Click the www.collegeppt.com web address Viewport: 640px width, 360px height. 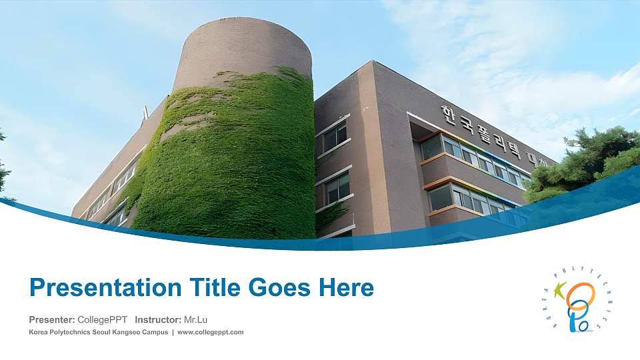(211, 332)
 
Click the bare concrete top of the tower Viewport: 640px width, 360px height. (243, 47)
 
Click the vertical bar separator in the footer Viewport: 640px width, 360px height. (173, 332)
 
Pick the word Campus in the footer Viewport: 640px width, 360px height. (155, 332)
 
